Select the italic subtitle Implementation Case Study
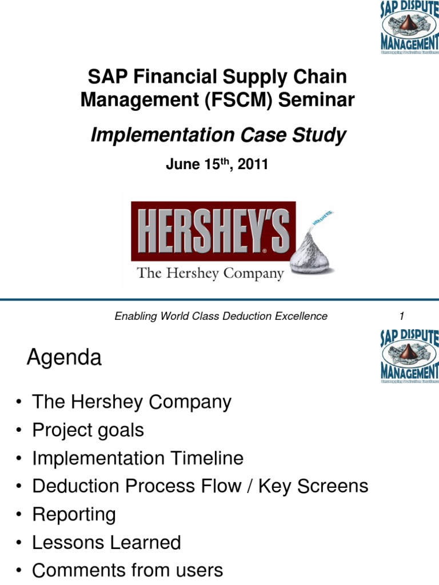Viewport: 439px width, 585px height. (218, 135)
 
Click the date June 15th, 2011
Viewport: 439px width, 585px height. (217, 165)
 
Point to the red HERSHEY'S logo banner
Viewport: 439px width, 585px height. (213, 230)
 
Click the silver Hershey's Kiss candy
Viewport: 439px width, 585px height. (312, 251)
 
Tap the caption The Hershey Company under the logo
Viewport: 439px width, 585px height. (210, 274)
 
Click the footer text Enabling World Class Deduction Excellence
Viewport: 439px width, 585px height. (221, 316)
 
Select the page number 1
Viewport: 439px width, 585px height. (402, 316)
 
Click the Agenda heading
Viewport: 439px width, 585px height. (64, 358)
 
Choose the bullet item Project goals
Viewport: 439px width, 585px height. (88, 430)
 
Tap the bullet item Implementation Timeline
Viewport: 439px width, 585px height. (138, 458)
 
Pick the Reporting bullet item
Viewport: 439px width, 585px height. (74, 514)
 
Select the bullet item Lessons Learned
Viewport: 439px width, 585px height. (106, 542)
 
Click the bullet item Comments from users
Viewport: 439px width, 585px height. (127, 570)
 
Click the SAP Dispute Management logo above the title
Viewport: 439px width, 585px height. (409, 27)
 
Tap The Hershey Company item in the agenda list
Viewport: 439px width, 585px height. (131, 402)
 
